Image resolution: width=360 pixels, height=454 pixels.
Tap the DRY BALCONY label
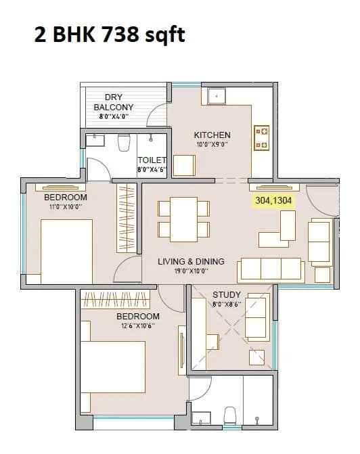pos(114,102)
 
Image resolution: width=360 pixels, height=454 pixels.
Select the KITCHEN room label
pos(212,135)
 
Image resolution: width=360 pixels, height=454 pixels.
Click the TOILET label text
pos(152,160)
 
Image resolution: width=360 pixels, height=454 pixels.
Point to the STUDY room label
pos(226,295)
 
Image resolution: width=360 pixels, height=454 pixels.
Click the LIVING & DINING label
pos(191,262)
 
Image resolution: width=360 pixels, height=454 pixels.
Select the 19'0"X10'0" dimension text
pos(192,271)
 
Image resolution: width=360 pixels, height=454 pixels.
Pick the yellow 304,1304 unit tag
pos(275,200)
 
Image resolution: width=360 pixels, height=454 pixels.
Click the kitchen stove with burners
pos(262,137)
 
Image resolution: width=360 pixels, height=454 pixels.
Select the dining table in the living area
pos(184,219)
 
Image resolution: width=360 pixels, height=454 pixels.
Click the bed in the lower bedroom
pos(114,377)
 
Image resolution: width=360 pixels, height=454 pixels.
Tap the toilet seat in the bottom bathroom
pos(229,414)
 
